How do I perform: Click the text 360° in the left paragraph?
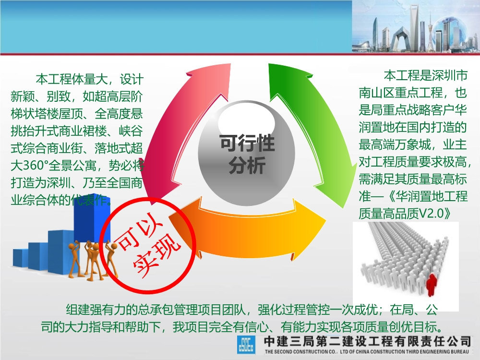[39, 168]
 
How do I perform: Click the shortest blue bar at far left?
[20, 257]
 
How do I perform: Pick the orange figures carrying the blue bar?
[91, 259]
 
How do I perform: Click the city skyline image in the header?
[416, 26]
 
